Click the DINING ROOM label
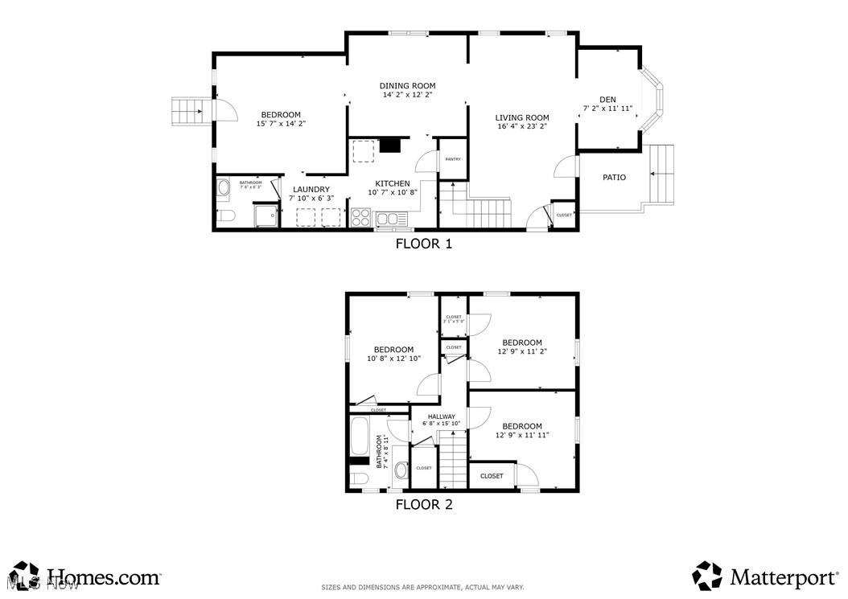point(407,86)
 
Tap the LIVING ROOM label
point(521,118)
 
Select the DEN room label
point(607,100)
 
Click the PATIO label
point(614,178)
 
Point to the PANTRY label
point(453,159)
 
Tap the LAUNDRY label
point(311,190)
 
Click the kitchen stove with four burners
point(361,218)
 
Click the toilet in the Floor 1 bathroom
point(224,215)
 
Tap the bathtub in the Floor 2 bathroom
point(360,437)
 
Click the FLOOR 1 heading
point(423,244)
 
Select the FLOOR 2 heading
point(423,505)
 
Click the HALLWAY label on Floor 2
point(441,416)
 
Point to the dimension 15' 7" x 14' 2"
point(281,124)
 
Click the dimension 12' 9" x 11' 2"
point(521,352)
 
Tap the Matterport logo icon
point(707,576)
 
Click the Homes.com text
point(104,576)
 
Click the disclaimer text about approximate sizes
point(422,587)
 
